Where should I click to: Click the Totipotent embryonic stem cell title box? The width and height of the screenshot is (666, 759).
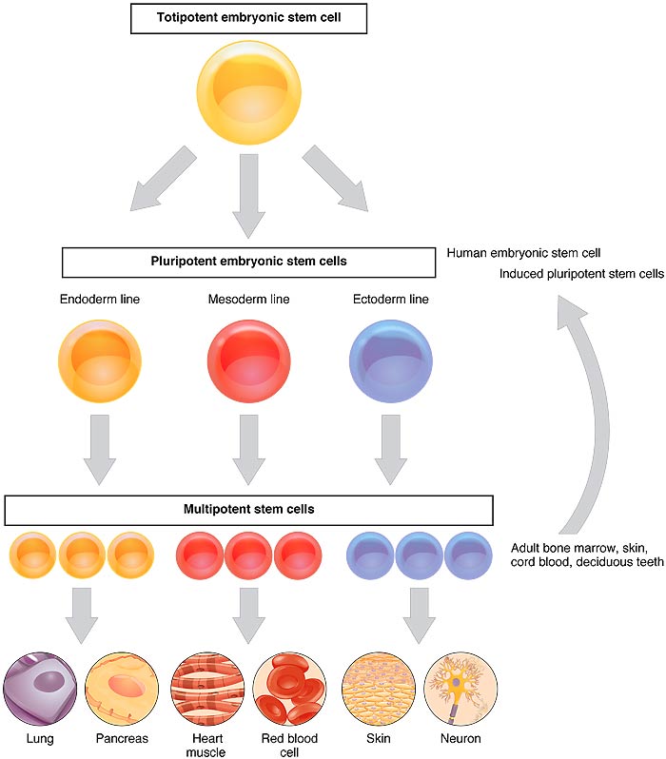247,17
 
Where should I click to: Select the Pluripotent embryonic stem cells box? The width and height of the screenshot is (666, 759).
248,262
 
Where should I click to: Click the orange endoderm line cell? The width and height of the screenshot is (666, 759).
99,362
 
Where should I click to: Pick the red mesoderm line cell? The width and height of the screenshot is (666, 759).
248,362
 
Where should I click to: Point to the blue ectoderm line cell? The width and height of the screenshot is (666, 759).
391,362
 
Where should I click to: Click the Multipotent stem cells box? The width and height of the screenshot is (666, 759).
248,510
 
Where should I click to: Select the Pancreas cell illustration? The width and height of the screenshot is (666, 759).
122,688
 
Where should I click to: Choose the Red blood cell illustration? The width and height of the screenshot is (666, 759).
289,688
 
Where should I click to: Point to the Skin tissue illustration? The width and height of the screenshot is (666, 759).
378,688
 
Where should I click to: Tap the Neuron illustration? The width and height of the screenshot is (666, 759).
460,688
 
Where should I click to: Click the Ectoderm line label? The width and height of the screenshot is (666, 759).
391,301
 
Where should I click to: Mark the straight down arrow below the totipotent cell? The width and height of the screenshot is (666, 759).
248,193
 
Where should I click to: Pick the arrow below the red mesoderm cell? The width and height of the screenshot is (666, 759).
248,447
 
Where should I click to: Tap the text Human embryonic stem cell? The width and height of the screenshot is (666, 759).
522,253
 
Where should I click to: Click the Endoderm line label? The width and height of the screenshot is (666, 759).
99,301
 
